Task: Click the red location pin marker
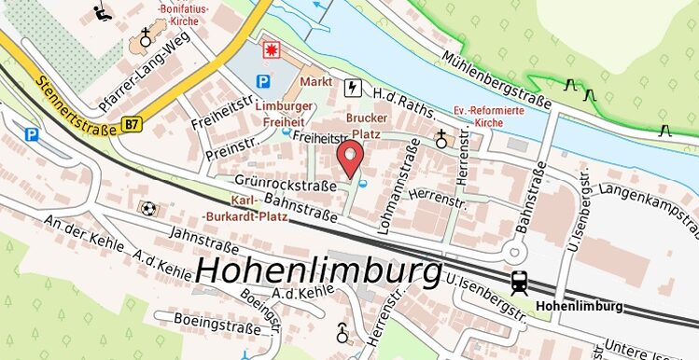tap(350, 159)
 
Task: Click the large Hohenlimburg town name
tap(319, 271)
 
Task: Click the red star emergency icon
tap(273, 47)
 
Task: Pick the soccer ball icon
tap(147, 207)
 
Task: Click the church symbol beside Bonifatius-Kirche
tap(146, 38)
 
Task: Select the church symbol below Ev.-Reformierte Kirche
tap(441, 140)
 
